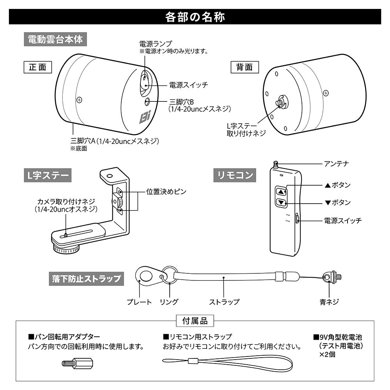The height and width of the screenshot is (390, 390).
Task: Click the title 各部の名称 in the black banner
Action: click(x=195, y=17)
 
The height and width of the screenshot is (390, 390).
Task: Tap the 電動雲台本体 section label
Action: click(x=55, y=40)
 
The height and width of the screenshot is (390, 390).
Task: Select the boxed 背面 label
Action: click(x=245, y=67)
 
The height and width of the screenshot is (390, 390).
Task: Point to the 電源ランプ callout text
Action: click(x=156, y=43)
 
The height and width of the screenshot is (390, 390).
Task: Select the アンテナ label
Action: click(x=336, y=163)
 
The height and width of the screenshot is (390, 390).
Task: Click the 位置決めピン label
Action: click(x=166, y=191)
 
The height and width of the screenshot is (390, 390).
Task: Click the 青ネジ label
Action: click(x=329, y=301)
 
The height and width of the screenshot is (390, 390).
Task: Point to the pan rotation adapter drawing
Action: click(x=77, y=363)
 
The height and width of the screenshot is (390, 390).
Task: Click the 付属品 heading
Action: click(x=195, y=321)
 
